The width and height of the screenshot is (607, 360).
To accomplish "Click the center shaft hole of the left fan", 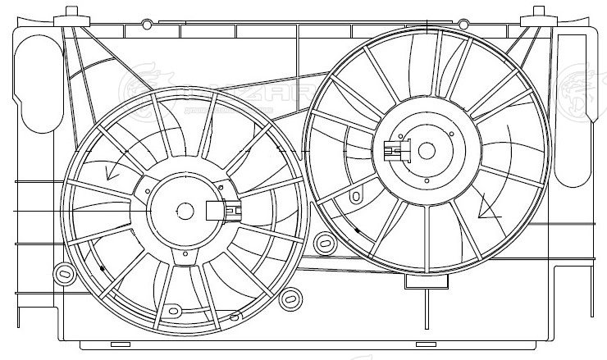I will point(185,211).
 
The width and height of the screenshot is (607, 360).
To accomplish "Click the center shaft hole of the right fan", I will point(427,151).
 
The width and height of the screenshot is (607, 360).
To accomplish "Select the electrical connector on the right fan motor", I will point(395,151).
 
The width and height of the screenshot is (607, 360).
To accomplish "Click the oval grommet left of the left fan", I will point(62,273).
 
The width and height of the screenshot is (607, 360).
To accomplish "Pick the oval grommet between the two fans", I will point(325,243).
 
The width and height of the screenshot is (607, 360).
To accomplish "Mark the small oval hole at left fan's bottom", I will point(172,311).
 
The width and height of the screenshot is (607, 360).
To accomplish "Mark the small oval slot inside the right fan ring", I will point(357,197).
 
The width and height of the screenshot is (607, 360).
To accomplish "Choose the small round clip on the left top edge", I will point(148,22).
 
